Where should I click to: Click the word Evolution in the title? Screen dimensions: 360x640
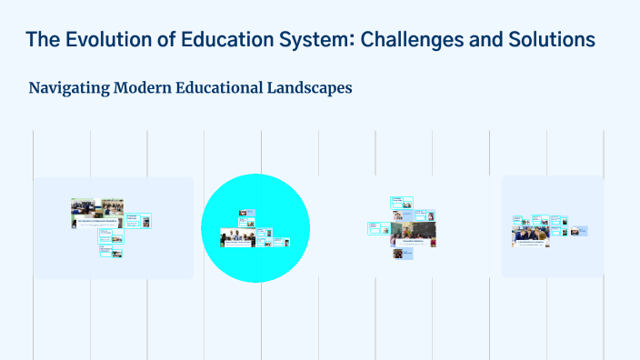point(111,40)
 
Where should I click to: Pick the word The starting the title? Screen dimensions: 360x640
point(43,40)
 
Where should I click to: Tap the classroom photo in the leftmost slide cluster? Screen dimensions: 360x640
point(97,211)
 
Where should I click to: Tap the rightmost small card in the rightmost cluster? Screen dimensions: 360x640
point(582,231)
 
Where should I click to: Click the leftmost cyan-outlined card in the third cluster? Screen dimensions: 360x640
point(375,228)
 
